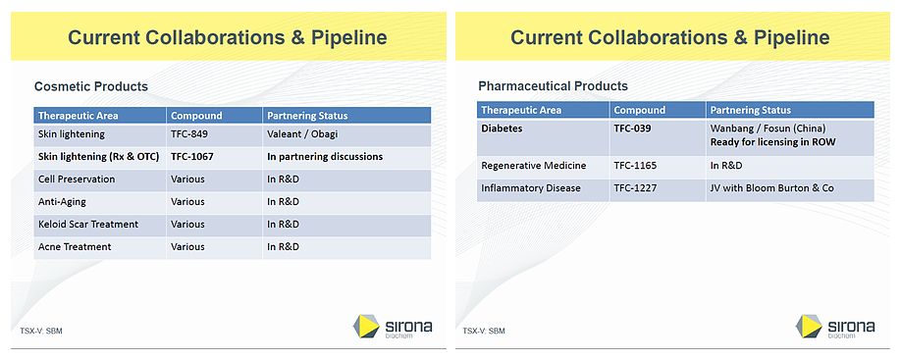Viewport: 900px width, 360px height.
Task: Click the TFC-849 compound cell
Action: [187, 134]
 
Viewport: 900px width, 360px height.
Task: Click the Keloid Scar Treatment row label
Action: [87, 225]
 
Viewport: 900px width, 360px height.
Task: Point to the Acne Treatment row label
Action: [75, 247]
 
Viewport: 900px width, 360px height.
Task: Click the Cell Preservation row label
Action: [77, 180]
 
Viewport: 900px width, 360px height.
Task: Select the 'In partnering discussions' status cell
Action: [325, 157]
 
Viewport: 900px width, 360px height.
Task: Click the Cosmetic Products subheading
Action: [91, 86]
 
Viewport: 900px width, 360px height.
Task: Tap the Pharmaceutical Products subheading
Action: [553, 86]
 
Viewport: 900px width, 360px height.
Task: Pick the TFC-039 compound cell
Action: [632, 129]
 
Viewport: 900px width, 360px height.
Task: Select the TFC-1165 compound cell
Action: [634, 167]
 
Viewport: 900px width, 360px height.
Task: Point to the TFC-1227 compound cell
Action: [634, 188]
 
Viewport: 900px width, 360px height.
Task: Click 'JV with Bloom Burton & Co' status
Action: [771, 188]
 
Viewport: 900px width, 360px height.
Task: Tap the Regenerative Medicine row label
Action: [535, 167]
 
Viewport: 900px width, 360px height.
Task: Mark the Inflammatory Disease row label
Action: [531, 188]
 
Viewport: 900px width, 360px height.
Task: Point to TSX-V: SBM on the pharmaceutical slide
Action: [484, 331]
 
